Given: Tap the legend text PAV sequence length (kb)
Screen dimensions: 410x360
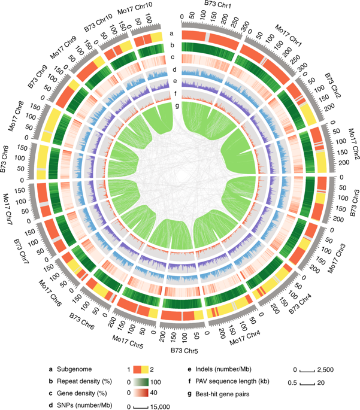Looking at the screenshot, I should (234, 381).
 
